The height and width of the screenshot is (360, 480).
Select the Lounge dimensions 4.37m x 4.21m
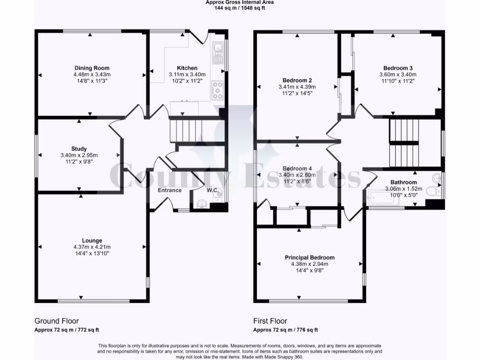(x=92, y=247)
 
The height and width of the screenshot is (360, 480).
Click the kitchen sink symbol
(x=218, y=52)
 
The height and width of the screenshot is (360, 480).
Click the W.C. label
(x=213, y=190)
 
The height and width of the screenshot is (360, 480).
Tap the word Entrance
(x=169, y=190)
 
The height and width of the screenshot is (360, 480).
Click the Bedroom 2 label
(x=297, y=80)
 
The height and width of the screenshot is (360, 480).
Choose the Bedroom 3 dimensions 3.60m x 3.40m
(x=397, y=75)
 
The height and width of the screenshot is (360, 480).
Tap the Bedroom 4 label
(x=297, y=169)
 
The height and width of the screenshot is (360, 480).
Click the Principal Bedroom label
(x=309, y=258)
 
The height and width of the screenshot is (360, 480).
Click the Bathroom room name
(x=404, y=182)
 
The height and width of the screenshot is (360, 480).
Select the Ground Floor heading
(x=57, y=321)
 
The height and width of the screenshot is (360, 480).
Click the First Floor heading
(x=270, y=321)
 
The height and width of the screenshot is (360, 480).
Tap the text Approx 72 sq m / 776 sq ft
(x=285, y=330)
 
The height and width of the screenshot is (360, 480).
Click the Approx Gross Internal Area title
(x=240, y=2)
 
